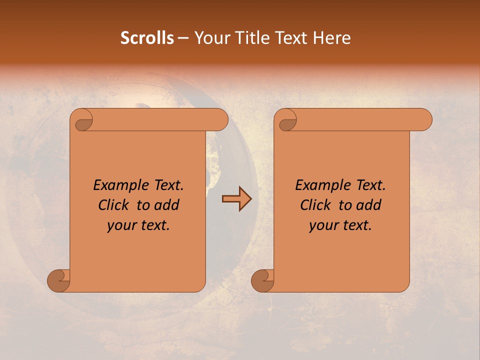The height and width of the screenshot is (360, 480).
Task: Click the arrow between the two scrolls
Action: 236,199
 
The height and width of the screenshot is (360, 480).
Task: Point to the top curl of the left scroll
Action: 82,120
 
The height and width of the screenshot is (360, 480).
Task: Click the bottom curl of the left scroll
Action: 58,280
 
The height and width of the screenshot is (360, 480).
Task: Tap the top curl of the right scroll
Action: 286,120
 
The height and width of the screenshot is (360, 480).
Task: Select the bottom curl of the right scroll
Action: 262,280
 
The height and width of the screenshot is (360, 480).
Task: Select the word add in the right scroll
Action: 369,205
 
